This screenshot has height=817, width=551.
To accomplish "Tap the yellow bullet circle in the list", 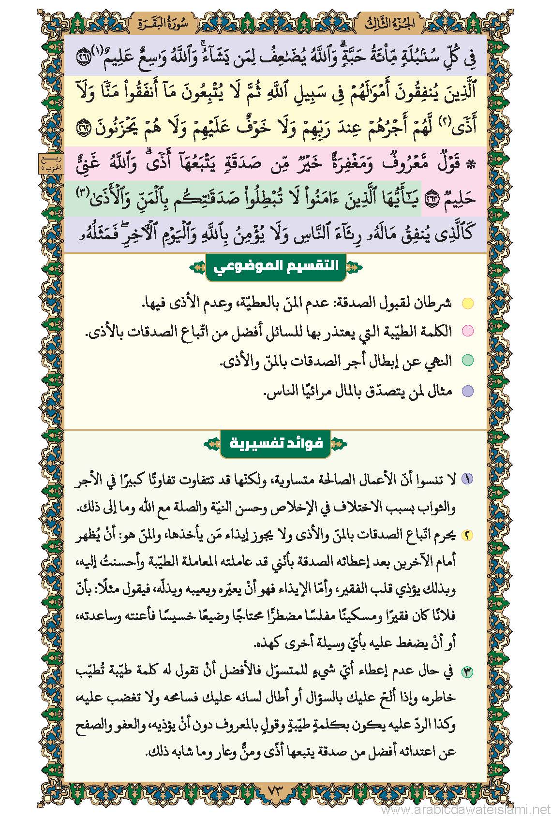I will click(x=467, y=304).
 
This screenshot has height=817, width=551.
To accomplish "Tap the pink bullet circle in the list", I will click(x=467, y=331).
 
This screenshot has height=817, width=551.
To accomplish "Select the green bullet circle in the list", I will click(x=467, y=360).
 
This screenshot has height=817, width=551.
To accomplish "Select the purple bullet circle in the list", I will click(x=467, y=391).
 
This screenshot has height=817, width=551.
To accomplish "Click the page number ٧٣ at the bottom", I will click(x=275, y=792).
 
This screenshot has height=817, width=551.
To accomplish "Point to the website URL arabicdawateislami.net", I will click(x=465, y=810).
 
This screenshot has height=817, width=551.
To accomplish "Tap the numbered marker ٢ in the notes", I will click(x=467, y=535).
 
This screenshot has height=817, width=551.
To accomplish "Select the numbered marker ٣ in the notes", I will click(x=467, y=671).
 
